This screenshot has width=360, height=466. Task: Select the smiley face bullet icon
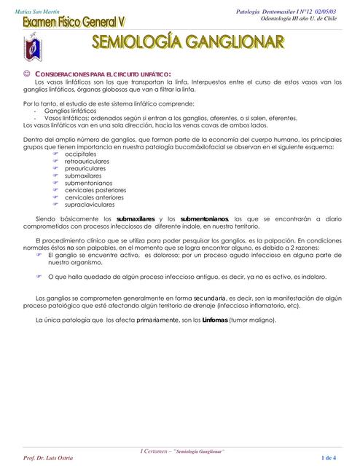click(x=27, y=74)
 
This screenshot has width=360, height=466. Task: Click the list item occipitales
click(x=80, y=155)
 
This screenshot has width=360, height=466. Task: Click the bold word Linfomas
click(x=213, y=320)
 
